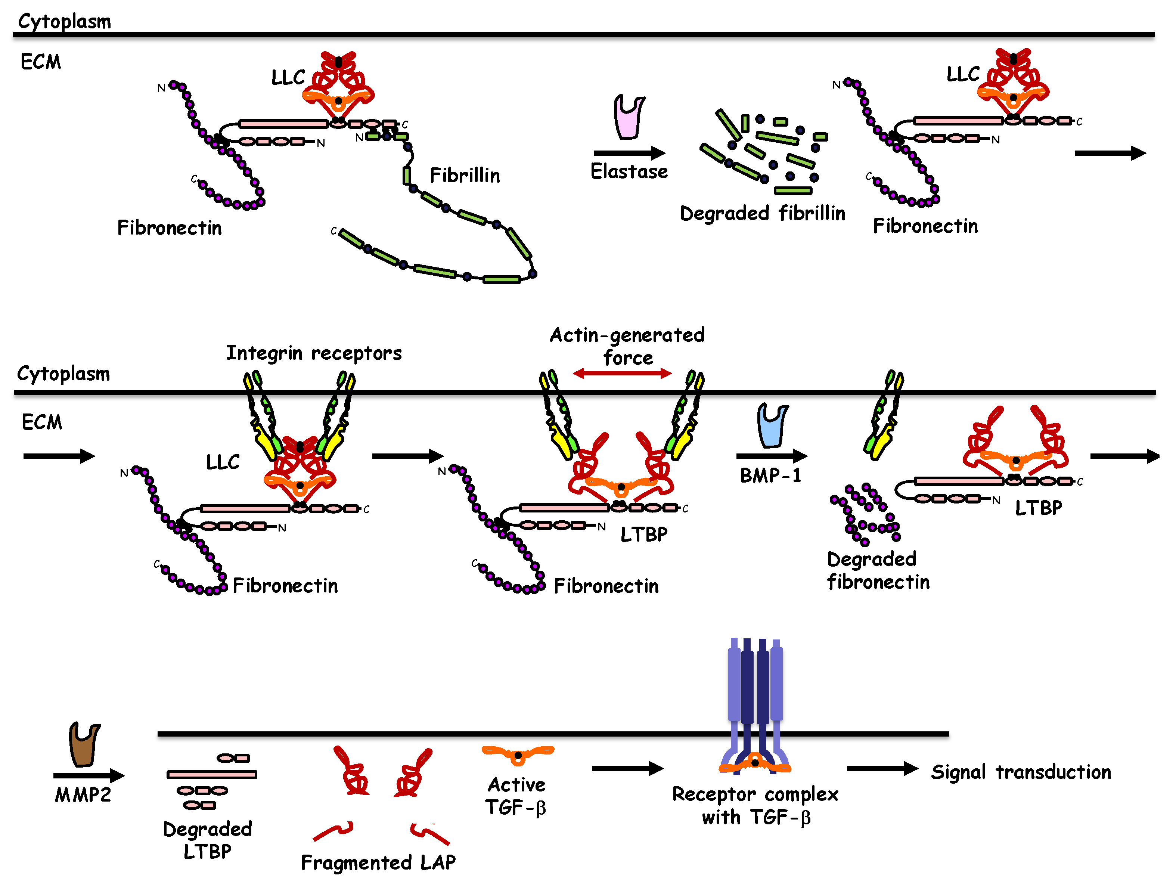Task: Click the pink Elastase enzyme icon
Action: pos(629,117)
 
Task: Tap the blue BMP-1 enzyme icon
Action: pos(772,425)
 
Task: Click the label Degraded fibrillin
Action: pos(762,213)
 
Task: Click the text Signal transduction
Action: pos(1020,772)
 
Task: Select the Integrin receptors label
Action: pos(314,353)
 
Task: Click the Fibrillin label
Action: pos(464,176)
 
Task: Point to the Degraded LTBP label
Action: pos(207,840)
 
